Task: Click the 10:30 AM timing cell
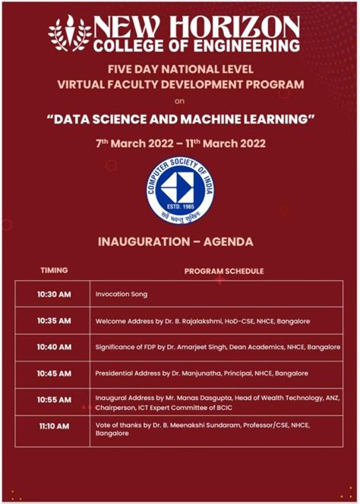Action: (54, 294)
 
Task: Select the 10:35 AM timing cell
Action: (54, 320)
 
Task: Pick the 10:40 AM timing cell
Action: (54, 347)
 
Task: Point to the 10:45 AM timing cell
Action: (54, 373)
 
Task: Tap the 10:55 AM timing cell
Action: (54, 400)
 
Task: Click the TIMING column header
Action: (54, 270)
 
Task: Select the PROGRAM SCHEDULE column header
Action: (223, 270)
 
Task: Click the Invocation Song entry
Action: (122, 294)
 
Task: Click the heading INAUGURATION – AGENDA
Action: (179, 242)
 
